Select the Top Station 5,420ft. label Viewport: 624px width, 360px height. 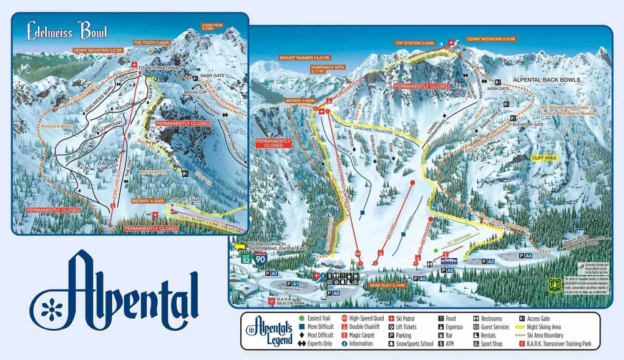(x=414, y=44)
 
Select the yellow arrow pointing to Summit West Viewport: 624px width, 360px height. (x=238, y=247)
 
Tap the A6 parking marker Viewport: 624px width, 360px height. (x=333, y=293)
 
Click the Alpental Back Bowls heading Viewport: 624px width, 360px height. (x=546, y=80)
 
